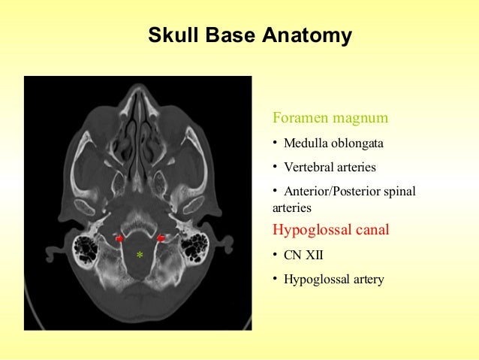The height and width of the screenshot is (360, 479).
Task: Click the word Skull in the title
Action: point(173,35)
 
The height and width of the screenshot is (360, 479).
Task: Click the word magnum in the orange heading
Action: point(361,118)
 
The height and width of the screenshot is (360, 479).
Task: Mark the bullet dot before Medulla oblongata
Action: point(275,143)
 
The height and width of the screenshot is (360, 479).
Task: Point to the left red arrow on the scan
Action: point(119,238)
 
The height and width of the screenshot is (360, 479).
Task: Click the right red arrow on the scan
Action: point(161,238)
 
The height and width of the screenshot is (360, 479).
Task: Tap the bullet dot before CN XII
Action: point(275,255)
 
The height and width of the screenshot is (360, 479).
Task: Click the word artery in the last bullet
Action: point(367,280)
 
